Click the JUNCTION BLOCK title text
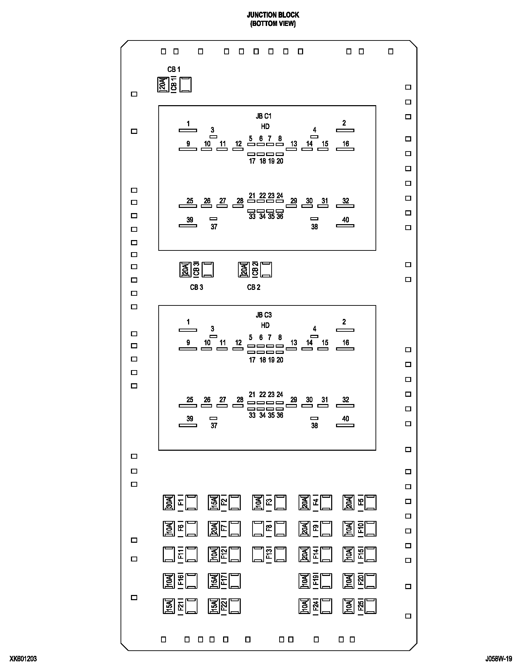click(x=273, y=15)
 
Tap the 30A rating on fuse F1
click(x=168, y=503)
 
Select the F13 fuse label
click(x=269, y=555)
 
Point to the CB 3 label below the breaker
click(x=196, y=287)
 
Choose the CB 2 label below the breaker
click(x=254, y=287)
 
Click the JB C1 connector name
click(x=264, y=116)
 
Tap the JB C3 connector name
click(x=264, y=315)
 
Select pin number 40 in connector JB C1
click(x=345, y=220)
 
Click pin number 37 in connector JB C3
click(x=214, y=426)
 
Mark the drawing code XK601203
click(x=23, y=659)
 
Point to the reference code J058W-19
click(x=498, y=659)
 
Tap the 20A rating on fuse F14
click(x=304, y=555)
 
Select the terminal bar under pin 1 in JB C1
click(x=188, y=130)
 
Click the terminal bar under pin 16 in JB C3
click(x=345, y=349)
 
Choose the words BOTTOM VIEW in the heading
click(x=273, y=24)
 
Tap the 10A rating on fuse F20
click(x=349, y=581)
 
